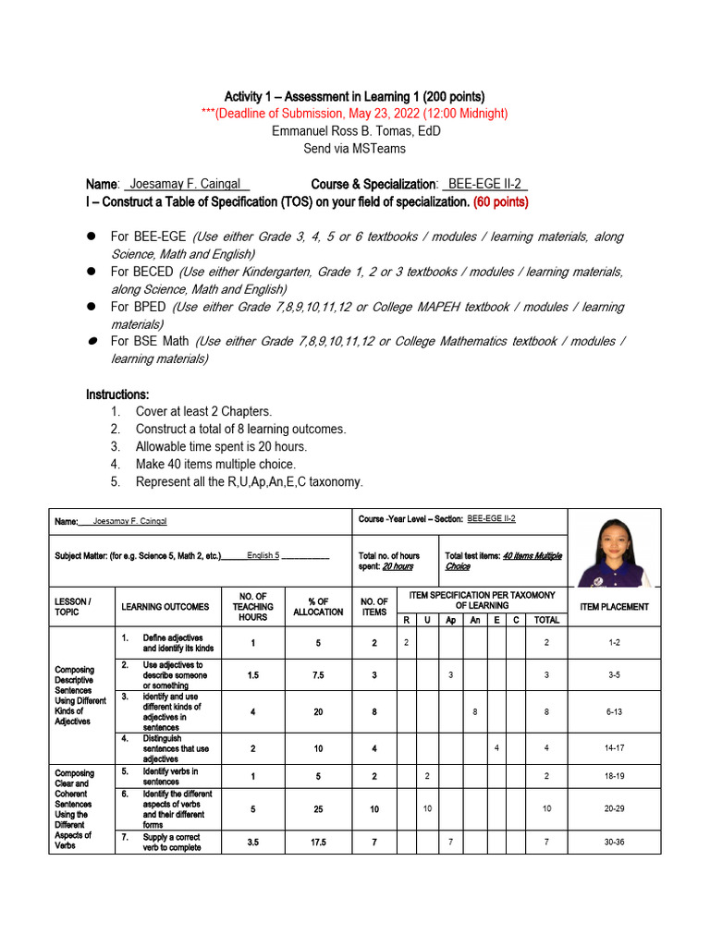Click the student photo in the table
[x=614, y=548]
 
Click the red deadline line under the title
[x=355, y=114]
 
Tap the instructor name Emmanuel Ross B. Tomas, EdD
[x=355, y=131]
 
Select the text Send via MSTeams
[x=355, y=149]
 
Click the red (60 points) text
[x=500, y=201]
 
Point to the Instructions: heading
[x=117, y=394]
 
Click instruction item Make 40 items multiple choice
[x=215, y=465]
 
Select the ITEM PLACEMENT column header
[x=614, y=607]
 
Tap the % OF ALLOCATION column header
[x=317, y=607]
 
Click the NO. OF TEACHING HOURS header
[x=252, y=607]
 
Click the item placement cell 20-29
[x=614, y=808]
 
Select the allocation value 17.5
[x=317, y=843]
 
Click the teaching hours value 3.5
[x=252, y=843]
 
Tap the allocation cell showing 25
[x=317, y=808]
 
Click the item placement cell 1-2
[x=614, y=642]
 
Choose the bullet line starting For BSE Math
[x=355, y=349]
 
